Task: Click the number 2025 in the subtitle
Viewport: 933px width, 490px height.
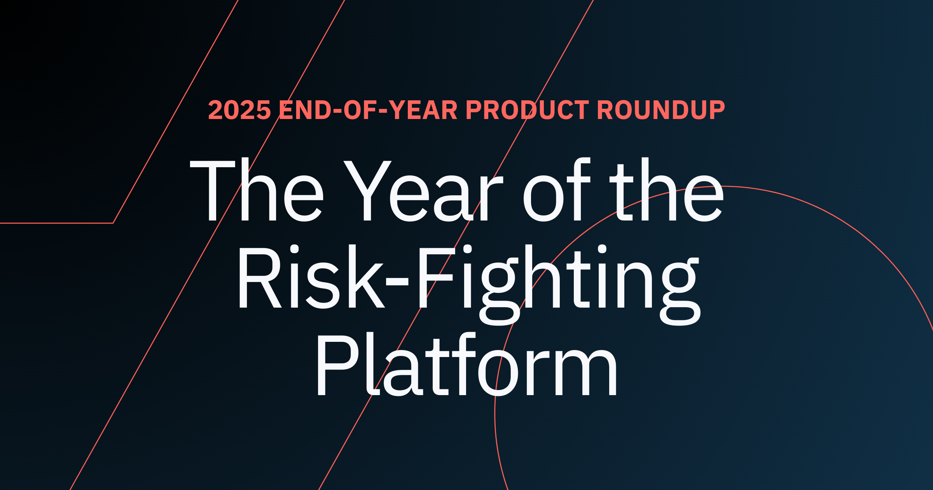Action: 239,110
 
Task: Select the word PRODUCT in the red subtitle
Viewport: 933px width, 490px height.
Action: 527,110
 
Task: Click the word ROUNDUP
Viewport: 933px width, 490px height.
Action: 661,110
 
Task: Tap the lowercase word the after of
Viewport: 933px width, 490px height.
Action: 667,191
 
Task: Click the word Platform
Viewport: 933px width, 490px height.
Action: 466,366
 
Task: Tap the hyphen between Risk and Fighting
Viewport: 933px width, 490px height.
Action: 397,281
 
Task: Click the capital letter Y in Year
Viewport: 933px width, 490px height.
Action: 367,191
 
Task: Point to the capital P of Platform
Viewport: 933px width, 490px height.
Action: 337,366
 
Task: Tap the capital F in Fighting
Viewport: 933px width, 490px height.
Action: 435,278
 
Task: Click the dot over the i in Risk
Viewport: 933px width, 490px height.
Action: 294,249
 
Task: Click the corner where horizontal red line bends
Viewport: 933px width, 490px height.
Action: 113,223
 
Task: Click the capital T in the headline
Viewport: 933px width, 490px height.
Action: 213,191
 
